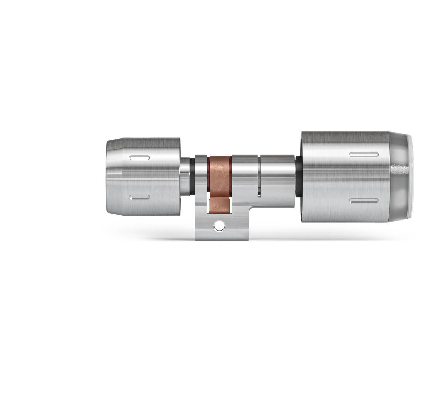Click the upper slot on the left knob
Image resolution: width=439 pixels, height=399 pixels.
pyautogui.click(x=140, y=158)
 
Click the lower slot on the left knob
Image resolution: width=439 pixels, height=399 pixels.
pyautogui.click(x=140, y=198)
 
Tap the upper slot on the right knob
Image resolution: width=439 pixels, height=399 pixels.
pyautogui.click(x=364, y=154)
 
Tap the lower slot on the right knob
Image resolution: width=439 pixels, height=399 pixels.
pyautogui.click(x=364, y=201)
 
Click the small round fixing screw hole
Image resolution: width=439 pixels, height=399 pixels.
pyautogui.click(x=220, y=225)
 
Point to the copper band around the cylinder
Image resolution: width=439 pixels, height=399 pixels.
pyautogui.click(x=219, y=174)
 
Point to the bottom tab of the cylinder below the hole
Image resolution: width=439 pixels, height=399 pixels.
pyautogui.click(x=221, y=235)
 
